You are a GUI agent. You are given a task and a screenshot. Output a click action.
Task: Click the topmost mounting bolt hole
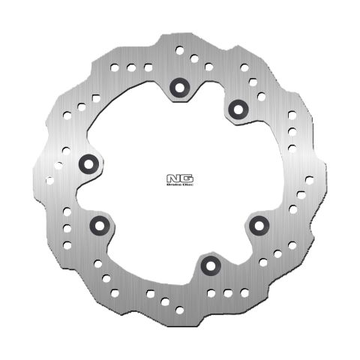click(178, 85)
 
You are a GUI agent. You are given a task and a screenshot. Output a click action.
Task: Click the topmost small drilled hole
click(180, 49)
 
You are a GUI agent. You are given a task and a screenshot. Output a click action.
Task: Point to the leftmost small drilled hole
click(50, 179)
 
